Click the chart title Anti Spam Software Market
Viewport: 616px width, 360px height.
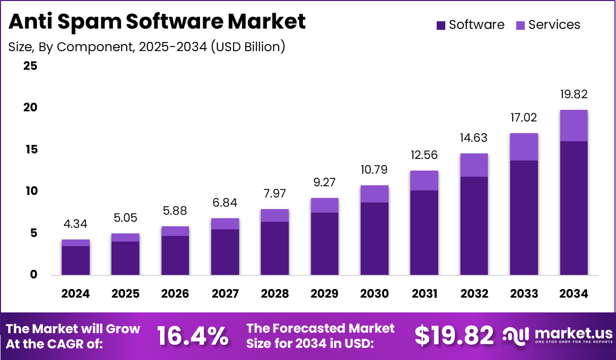point(157,22)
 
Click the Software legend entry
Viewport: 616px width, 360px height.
point(470,25)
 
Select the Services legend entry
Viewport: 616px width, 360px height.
point(548,25)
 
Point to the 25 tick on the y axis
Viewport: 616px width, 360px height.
point(30,66)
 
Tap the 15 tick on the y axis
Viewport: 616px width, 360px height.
point(30,149)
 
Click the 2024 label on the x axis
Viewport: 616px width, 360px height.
point(75,294)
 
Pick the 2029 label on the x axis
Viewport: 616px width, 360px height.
point(325,294)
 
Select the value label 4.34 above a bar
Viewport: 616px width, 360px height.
point(75,224)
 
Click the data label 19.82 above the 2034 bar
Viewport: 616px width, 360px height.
point(573,94)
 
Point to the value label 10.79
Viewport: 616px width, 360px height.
point(374,170)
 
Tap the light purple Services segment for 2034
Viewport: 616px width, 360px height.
point(573,126)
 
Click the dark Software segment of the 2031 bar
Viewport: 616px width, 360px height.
point(424,232)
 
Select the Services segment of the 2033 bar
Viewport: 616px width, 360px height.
point(524,147)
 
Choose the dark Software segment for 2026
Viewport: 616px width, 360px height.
point(175,255)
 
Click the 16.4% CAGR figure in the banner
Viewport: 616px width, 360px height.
point(192,336)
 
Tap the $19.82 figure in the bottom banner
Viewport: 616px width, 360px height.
point(454,336)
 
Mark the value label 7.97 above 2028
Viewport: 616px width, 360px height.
point(275,194)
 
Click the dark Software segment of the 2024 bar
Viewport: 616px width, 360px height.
point(75,260)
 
